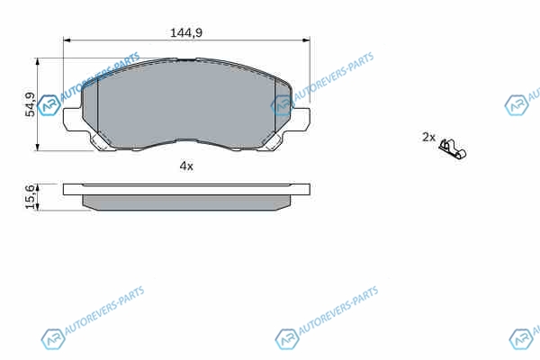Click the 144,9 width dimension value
click(x=186, y=32)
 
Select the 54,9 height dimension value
click(x=31, y=104)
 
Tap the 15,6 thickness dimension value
click(x=31, y=197)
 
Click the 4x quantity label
click(x=186, y=166)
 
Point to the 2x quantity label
click(x=428, y=137)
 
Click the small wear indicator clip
click(x=453, y=148)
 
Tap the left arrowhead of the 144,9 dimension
click(x=67, y=40)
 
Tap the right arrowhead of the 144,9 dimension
click(x=306, y=40)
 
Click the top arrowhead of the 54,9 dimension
click(x=38, y=61)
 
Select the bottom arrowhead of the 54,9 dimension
click(x=38, y=147)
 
